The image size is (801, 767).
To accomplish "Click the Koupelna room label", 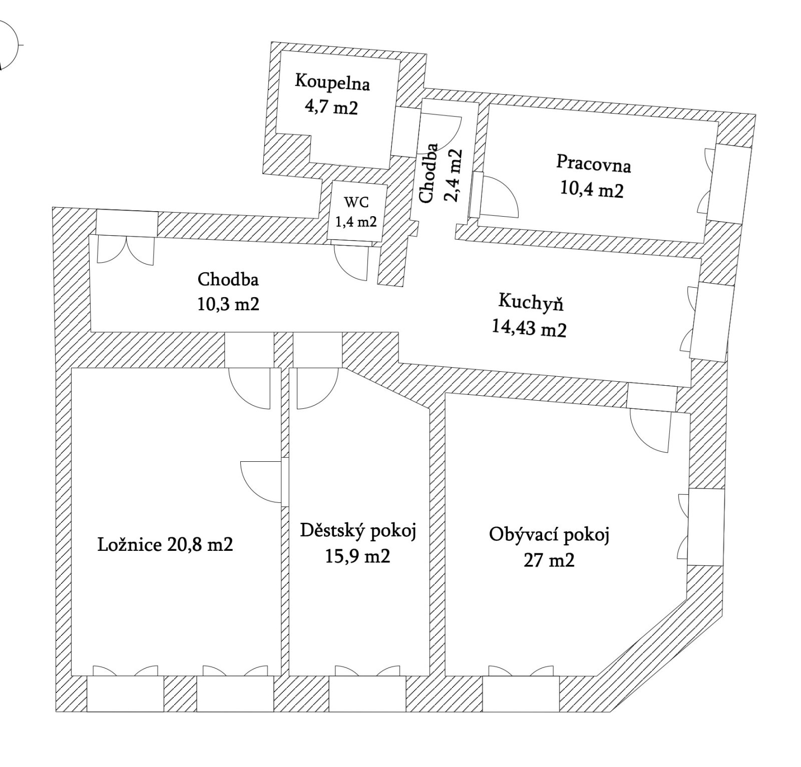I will point(332,83).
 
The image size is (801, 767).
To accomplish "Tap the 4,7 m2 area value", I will point(331,107).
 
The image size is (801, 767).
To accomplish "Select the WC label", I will point(356,202).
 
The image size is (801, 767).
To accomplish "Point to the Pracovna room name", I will point(593,164).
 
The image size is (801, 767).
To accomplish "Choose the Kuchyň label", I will point(531,302).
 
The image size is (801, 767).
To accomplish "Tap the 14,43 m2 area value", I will point(529,329).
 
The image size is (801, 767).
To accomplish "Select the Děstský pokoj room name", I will point(358,531).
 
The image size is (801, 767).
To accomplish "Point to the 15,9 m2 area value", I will point(357,556).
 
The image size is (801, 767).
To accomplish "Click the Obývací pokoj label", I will point(549,535).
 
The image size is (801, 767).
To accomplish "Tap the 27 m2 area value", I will point(549,560).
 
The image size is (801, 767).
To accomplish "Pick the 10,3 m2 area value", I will point(228,304).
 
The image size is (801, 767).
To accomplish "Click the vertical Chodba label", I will point(429,174).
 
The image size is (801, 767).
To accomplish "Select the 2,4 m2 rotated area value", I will point(453,176).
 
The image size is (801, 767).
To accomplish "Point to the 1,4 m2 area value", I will point(356,222).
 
